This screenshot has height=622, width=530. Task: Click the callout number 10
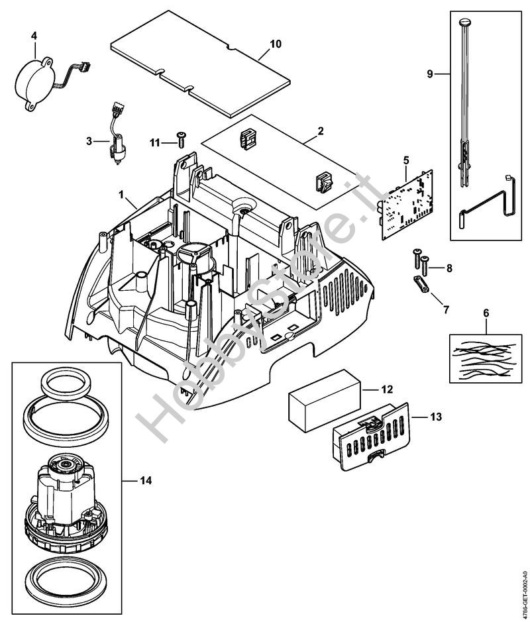pos(276,44)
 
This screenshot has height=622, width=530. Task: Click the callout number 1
pos(122,195)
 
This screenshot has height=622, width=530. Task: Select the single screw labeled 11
pos(180,137)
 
